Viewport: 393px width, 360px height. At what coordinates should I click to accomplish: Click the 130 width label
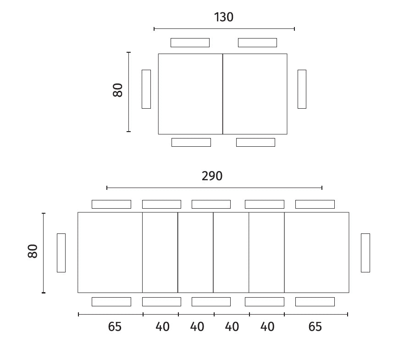click(x=224, y=17)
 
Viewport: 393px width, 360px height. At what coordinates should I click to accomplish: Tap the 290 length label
click(x=212, y=176)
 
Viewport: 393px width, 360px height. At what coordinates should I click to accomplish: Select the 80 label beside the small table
click(x=117, y=90)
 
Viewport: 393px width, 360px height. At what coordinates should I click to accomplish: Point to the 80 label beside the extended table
click(x=33, y=251)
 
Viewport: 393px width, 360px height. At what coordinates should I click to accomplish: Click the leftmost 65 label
click(x=115, y=327)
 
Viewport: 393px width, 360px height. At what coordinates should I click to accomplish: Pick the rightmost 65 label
click(x=315, y=327)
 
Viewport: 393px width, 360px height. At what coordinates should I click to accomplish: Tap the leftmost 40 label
click(x=162, y=327)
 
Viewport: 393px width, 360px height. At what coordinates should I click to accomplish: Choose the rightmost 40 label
click(x=267, y=327)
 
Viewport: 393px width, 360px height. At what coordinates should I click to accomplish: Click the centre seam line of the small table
click(x=222, y=94)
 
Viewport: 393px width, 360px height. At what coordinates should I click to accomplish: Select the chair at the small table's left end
click(x=146, y=89)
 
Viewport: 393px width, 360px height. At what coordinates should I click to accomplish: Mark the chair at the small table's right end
click(x=302, y=89)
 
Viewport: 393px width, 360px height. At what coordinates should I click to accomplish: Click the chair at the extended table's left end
click(x=61, y=253)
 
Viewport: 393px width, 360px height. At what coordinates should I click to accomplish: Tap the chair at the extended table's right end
click(x=365, y=253)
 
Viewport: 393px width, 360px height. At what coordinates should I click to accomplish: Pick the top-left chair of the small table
click(x=190, y=43)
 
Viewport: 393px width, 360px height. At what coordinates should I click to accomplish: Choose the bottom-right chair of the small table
click(x=255, y=143)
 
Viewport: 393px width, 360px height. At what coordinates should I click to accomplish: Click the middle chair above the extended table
click(x=211, y=205)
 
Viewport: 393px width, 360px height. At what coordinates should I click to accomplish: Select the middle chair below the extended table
click(x=211, y=302)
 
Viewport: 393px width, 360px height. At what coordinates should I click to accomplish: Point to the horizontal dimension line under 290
click(x=214, y=188)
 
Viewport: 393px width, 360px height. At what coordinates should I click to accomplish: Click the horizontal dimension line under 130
click(x=224, y=29)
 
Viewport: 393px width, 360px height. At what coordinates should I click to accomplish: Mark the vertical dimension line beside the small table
click(x=128, y=92)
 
